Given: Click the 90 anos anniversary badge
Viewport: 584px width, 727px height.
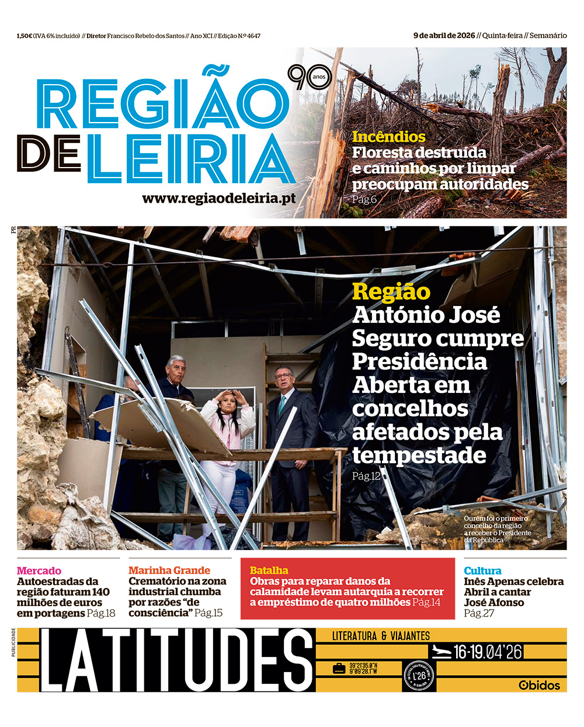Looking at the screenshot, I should point(308,78).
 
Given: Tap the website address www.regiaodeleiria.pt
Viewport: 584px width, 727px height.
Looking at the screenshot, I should point(218,199).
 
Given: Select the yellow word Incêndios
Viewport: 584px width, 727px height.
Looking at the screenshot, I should point(388,137).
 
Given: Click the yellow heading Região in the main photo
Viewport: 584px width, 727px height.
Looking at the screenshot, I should point(391,291).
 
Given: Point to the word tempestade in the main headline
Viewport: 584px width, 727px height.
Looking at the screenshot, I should point(419,455).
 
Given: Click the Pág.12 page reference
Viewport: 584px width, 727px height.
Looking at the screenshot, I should point(366,476).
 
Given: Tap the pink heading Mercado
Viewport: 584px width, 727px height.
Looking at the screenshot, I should point(39,571).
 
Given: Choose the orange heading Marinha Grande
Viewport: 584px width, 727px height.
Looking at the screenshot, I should point(169,570).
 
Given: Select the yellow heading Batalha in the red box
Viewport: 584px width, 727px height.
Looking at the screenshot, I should point(269,570).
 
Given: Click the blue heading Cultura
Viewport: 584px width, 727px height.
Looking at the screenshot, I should point(482,571).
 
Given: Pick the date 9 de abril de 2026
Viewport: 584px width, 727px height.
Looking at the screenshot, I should point(444,36).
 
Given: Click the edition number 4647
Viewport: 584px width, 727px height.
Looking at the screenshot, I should point(253,36).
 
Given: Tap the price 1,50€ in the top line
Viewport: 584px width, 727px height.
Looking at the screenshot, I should point(25,36).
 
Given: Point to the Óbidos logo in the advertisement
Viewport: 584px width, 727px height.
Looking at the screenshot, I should point(539,685).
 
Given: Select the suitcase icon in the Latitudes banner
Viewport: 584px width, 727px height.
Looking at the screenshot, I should point(339,669).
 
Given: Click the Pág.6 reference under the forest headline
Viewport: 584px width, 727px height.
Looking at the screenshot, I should point(364,199).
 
